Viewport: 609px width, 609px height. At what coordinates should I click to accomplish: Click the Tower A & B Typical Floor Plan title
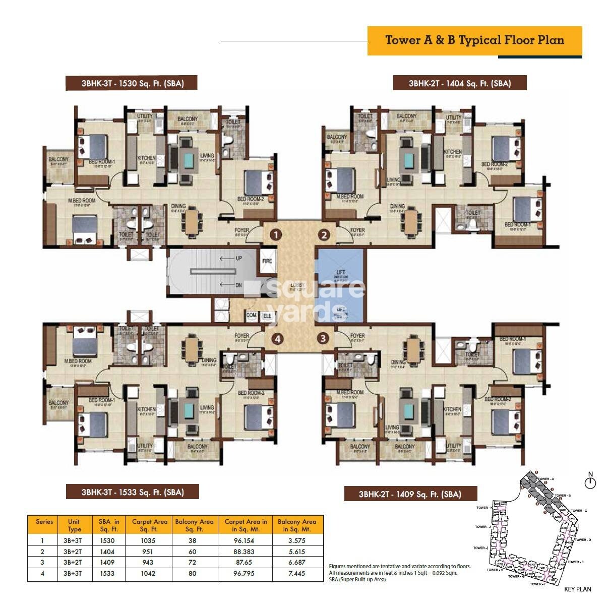coord(474,40)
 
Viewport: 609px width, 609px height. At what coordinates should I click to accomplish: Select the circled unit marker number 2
coord(324,234)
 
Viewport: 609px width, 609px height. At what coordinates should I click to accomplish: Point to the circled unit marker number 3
coord(323,339)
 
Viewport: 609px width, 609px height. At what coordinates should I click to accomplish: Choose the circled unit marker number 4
coord(277,339)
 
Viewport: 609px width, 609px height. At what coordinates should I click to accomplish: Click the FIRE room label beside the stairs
coord(267,261)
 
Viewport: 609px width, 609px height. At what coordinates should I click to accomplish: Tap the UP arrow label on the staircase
coord(238,258)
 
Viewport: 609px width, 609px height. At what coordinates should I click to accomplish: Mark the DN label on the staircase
coord(238,285)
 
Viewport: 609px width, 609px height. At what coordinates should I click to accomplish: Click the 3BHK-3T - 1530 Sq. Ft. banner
coord(132,83)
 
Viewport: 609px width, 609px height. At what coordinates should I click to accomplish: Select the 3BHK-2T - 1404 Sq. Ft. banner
coord(460,83)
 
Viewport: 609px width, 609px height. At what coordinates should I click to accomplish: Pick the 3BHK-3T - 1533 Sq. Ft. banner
coord(132,492)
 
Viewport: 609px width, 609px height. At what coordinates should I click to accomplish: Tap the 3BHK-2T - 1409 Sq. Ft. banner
coord(410,494)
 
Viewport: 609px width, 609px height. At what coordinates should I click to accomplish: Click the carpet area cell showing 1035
coord(149,540)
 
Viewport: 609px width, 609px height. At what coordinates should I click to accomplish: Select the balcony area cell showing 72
coord(192,562)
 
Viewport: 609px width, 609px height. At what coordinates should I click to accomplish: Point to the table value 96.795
coord(245,573)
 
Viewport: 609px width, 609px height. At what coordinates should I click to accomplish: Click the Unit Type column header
coord(74,525)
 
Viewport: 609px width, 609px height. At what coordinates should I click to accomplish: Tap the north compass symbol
coord(590,482)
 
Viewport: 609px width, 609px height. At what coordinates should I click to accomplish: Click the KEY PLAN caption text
coord(578,589)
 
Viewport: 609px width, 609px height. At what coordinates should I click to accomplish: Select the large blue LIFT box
coord(340,276)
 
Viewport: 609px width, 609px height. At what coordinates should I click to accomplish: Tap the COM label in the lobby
coord(252,315)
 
